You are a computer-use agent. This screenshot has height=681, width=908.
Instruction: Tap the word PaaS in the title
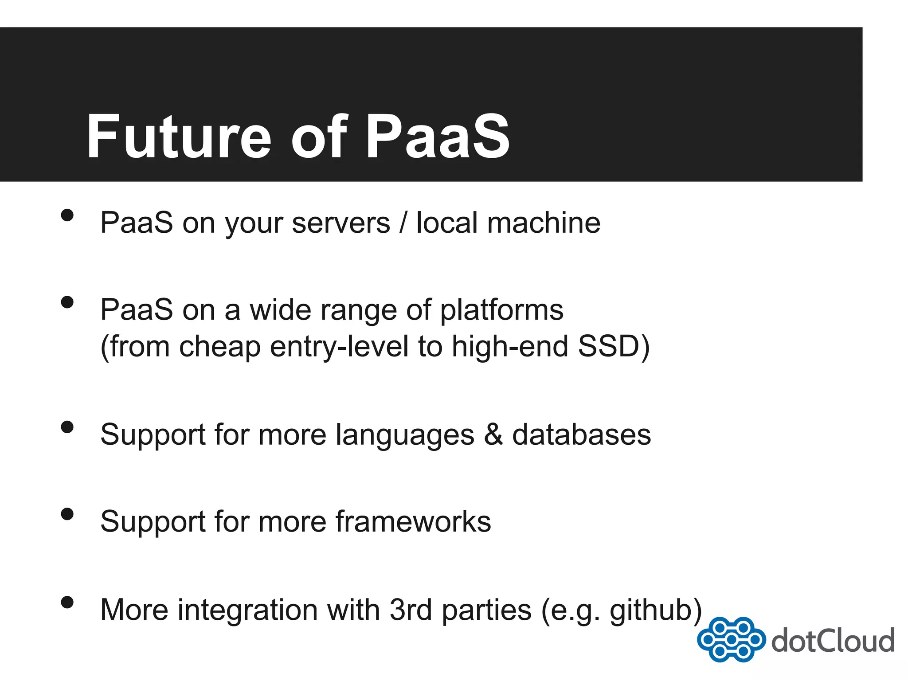click(437, 137)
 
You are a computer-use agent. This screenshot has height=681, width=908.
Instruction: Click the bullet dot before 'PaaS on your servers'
click(67, 215)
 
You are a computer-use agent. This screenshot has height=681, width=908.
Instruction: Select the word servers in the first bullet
click(341, 223)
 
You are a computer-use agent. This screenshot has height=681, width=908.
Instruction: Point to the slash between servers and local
click(403, 223)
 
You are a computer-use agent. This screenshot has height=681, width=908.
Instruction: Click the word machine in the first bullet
click(544, 223)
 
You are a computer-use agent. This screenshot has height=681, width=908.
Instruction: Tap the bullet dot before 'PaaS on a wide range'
click(67, 302)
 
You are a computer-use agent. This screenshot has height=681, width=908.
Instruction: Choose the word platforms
click(501, 310)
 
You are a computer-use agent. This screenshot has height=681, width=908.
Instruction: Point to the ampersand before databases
click(493, 434)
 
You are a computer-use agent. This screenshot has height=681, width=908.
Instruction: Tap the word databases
click(581, 434)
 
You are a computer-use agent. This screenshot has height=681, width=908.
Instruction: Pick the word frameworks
click(413, 521)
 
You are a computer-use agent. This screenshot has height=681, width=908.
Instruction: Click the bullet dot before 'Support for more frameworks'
click(67, 514)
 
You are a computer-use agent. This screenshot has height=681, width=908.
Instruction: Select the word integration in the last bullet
click(248, 610)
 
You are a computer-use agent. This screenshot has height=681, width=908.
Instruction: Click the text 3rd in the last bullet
click(411, 610)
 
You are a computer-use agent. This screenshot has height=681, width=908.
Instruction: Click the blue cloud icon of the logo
click(731, 640)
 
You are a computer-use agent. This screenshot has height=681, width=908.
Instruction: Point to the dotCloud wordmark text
click(833, 641)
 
